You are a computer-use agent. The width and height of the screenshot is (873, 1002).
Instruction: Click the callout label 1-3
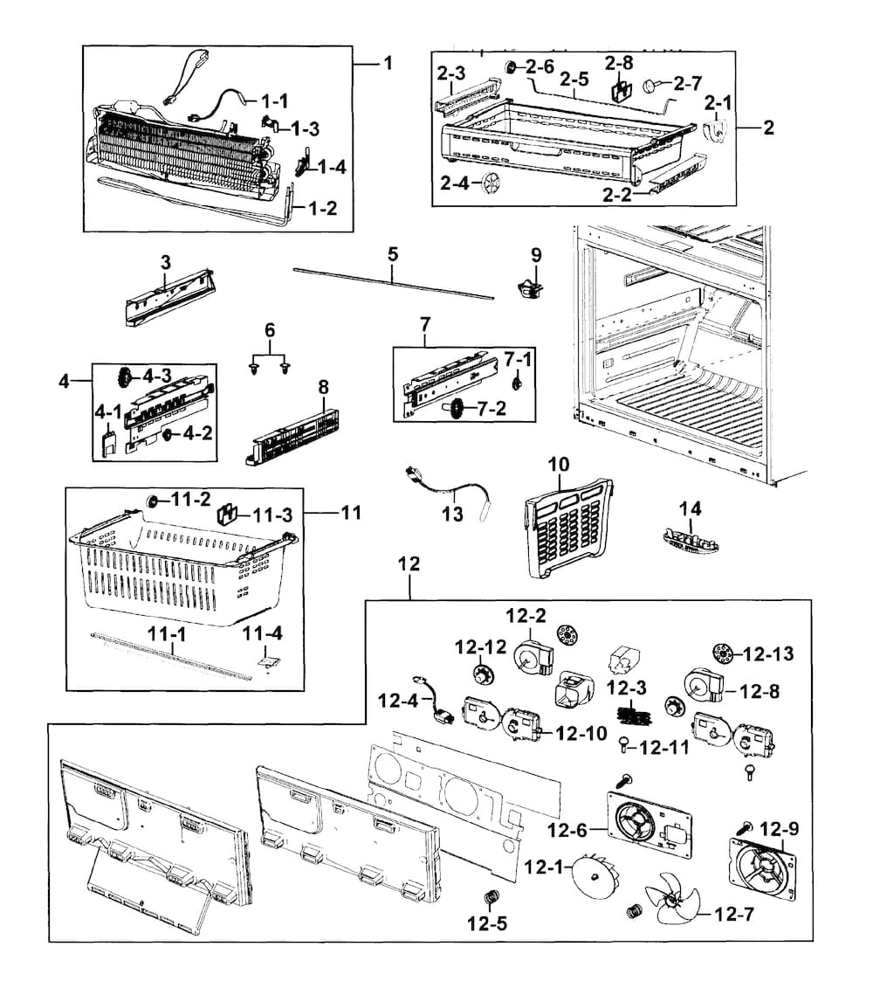click(x=306, y=128)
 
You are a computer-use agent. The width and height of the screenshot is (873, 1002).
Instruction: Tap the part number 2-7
click(x=688, y=84)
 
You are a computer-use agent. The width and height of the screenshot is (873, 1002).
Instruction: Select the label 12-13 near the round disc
click(x=771, y=653)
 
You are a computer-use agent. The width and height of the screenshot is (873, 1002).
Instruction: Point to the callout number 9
click(x=536, y=255)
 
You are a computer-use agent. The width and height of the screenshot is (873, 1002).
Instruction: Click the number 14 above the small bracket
click(x=691, y=508)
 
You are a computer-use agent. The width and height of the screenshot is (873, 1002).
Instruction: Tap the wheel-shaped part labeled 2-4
click(x=494, y=185)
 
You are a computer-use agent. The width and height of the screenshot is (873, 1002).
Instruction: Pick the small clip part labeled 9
click(x=528, y=286)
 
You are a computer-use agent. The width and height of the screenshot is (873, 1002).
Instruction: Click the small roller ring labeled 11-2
click(x=152, y=501)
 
